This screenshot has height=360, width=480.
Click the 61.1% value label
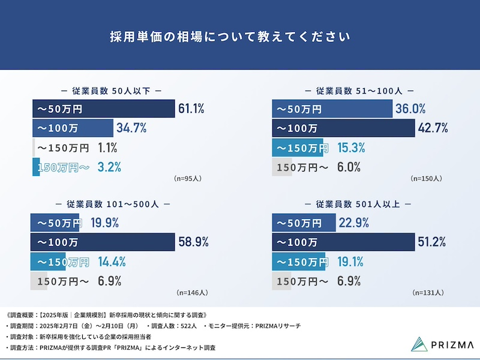point(192,109)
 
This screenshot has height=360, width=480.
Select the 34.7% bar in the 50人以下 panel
point(73,128)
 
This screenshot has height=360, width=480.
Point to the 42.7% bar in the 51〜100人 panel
point(344,128)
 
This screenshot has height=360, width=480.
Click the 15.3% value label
point(351,148)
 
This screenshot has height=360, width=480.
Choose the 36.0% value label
point(411,109)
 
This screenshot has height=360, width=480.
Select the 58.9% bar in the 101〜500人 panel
point(103,242)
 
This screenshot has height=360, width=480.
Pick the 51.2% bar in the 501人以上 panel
point(343,242)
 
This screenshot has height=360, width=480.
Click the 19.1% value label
point(351,262)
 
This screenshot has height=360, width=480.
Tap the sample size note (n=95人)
point(187,178)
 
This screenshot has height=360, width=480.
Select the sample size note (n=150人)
point(426,178)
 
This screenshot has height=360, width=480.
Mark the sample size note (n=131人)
point(428,293)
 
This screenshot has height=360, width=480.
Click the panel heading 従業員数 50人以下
point(111,91)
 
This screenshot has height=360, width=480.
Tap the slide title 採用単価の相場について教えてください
point(230,35)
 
